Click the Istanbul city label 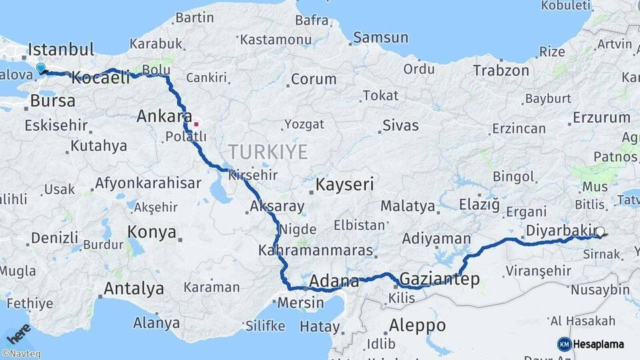click(x=61, y=50)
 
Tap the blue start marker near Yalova click(x=41, y=68)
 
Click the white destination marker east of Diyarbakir click(x=600, y=233)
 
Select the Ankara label click(x=164, y=117)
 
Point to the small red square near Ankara click(x=196, y=124)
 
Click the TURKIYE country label click(x=267, y=152)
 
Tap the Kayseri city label click(x=345, y=184)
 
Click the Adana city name click(x=335, y=280)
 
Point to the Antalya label click(x=133, y=289)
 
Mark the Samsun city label click(x=381, y=38)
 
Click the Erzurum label click(x=601, y=118)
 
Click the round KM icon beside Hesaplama click(x=565, y=344)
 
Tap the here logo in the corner click(x=19, y=333)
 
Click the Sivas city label click(x=401, y=125)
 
